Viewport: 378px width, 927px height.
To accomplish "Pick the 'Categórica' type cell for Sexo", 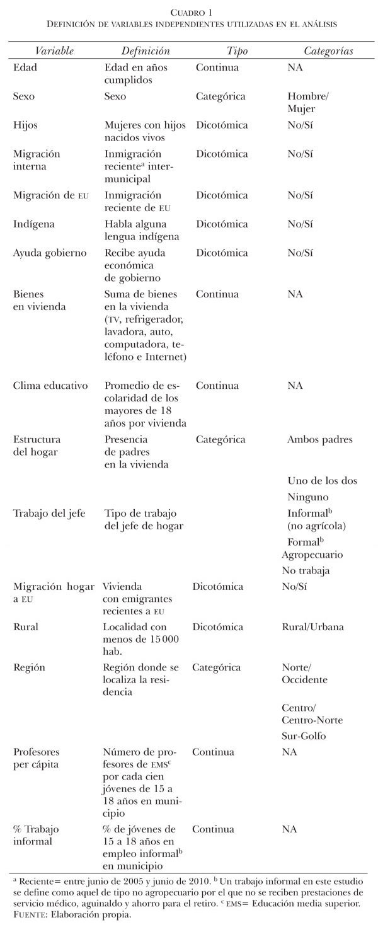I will click(x=220, y=96).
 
